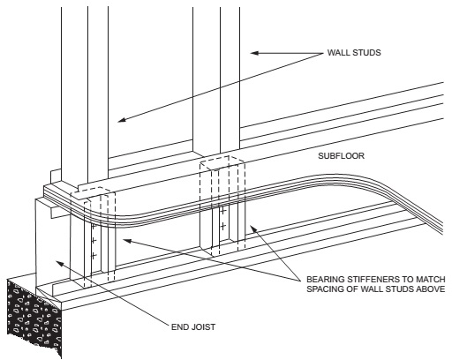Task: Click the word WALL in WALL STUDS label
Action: (x=337, y=53)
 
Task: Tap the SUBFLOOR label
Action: (x=341, y=156)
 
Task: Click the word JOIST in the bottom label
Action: (x=202, y=327)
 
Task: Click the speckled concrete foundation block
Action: (x=34, y=315)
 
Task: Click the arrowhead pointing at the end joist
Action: (x=60, y=263)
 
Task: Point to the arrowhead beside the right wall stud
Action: (x=254, y=53)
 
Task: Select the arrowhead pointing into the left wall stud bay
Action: (x=122, y=119)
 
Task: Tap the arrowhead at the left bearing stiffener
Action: (x=127, y=241)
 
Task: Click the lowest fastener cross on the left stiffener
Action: (x=94, y=256)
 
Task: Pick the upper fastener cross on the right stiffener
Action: (x=223, y=211)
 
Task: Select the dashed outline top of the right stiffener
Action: (x=222, y=162)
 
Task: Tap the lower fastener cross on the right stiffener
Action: (x=223, y=226)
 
